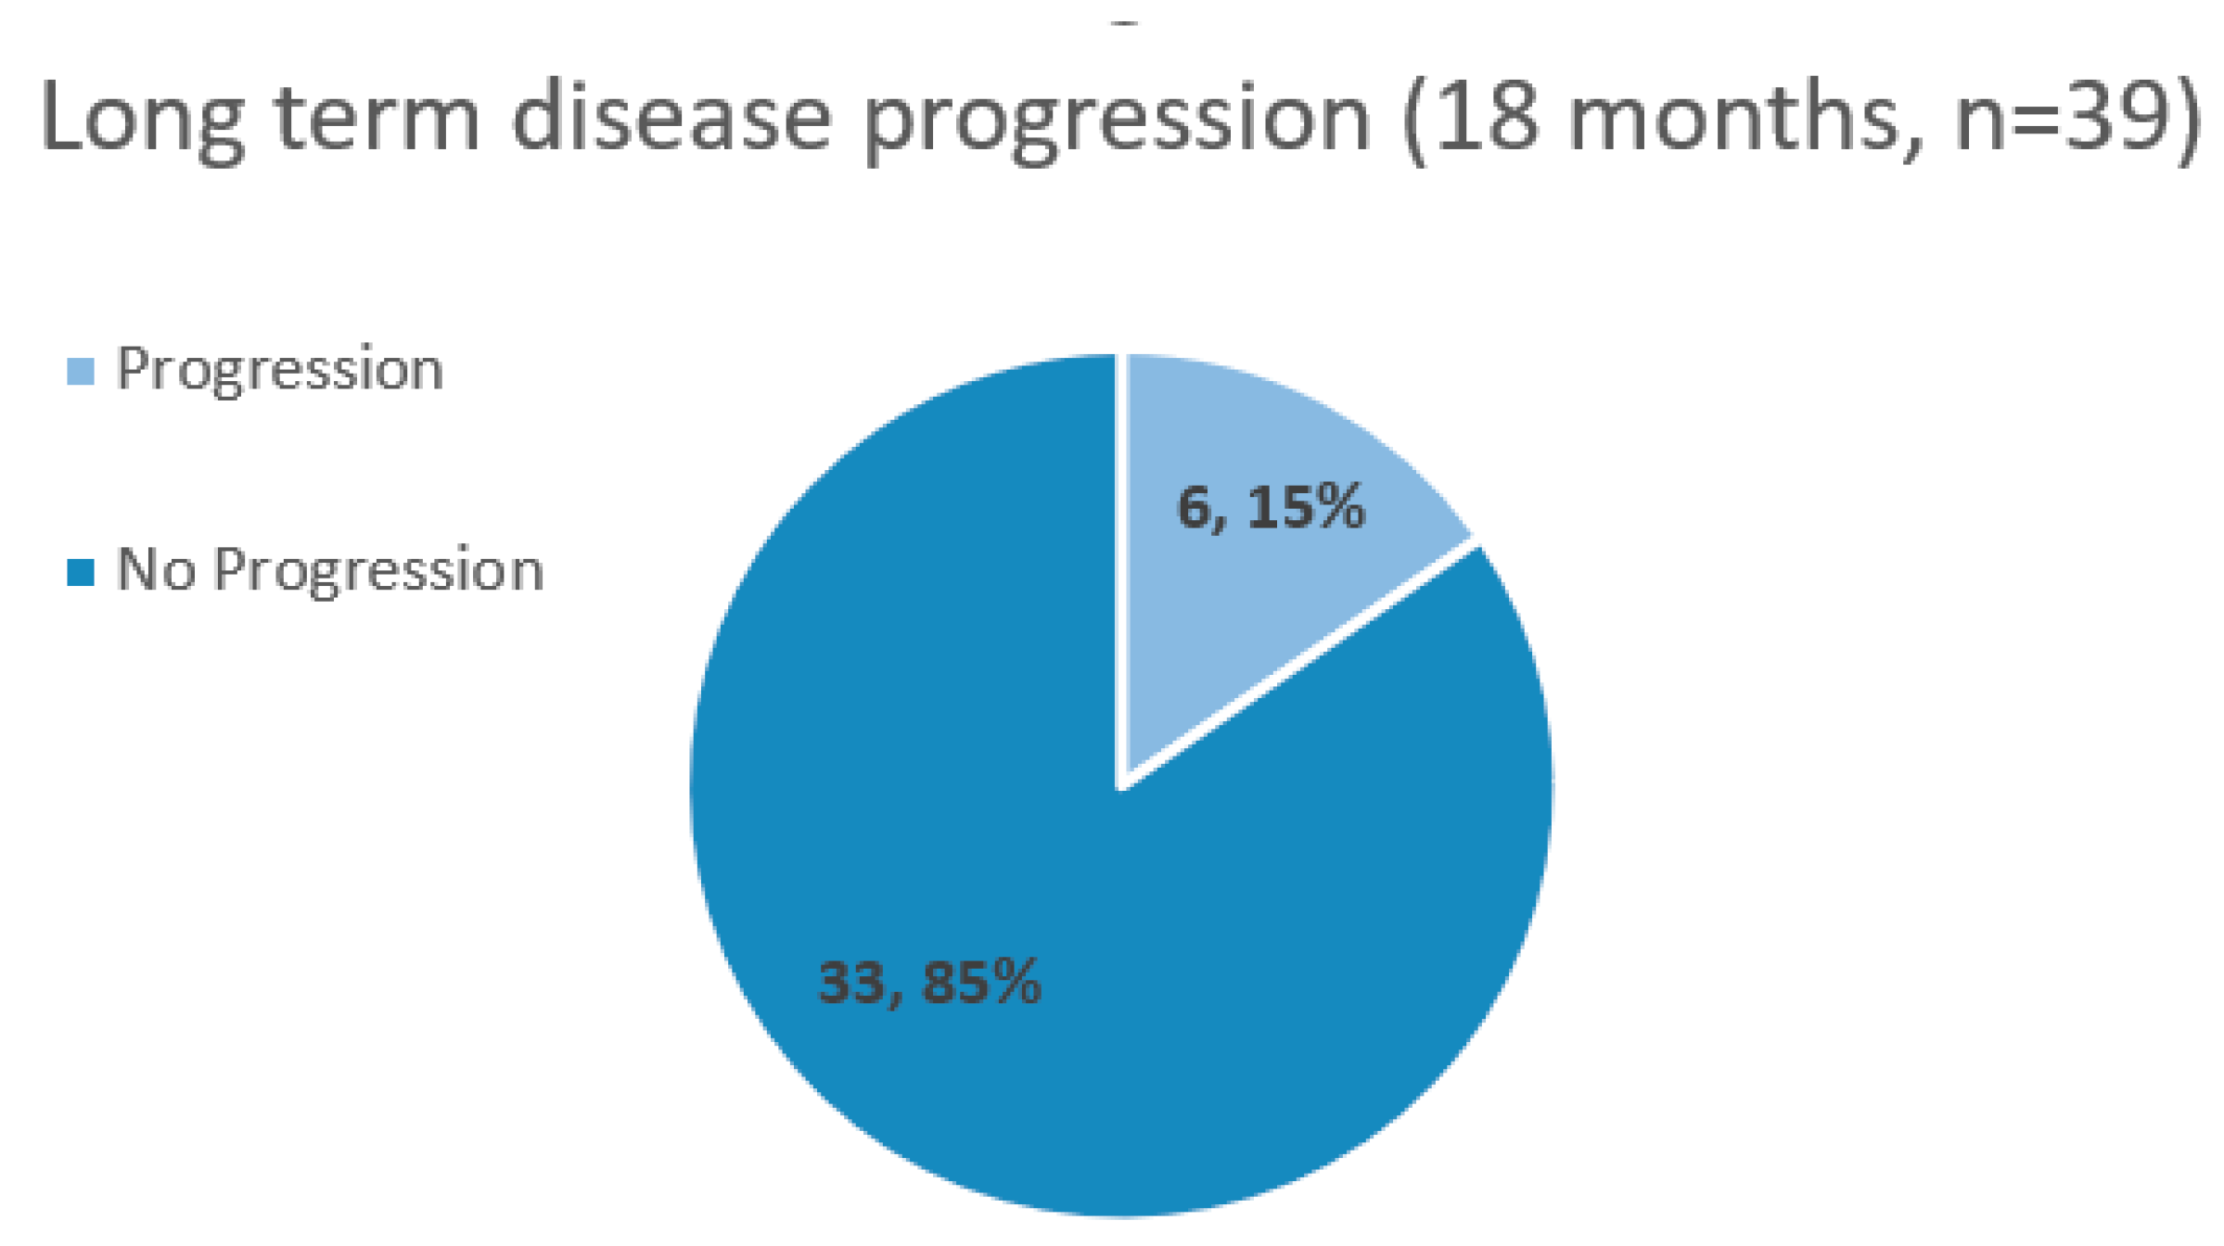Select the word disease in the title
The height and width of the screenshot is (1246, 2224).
click(671, 115)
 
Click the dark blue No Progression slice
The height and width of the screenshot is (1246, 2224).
click(1020, 881)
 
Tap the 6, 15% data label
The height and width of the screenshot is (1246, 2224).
click(1272, 507)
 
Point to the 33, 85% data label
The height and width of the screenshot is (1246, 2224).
click(930, 982)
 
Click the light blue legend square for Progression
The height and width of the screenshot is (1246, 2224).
click(81, 372)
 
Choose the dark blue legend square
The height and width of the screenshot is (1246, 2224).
click(81, 572)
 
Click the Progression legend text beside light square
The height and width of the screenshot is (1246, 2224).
click(280, 372)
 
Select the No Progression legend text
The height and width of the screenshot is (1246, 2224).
click(330, 570)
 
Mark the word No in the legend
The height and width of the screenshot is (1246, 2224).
click(156, 568)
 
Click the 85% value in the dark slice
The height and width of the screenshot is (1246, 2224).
click(982, 981)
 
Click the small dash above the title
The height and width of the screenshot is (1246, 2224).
click(1125, 23)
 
